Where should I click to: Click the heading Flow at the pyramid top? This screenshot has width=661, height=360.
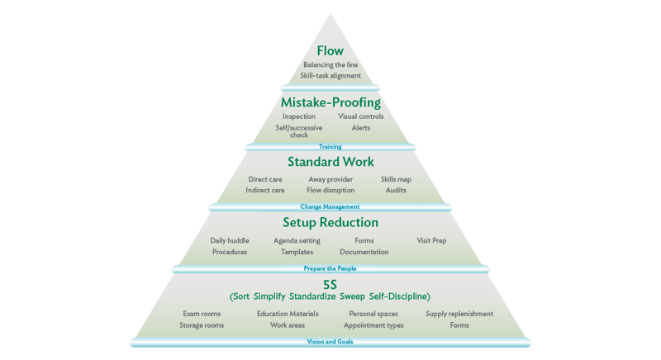pos(330,51)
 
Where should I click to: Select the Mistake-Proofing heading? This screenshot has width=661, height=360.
pos(330,102)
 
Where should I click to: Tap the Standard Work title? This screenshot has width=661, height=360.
pos(330,162)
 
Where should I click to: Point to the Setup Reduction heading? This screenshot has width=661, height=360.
pos(330,222)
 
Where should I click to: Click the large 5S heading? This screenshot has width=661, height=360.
pos(330,285)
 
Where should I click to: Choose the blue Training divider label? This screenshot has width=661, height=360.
pos(330,146)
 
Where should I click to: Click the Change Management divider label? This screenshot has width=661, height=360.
pos(330,206)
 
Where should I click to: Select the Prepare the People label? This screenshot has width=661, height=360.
pos(330,268)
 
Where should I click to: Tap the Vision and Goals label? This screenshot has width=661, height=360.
pos(330,342)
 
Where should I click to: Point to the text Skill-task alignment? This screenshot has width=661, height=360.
pos(330,76)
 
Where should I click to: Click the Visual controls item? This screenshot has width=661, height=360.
pos(361,116)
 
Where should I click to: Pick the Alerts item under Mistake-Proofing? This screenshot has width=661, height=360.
pos(361,128)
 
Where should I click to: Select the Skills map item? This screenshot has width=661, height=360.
pos(396,179)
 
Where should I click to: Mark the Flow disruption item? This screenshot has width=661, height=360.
pos(330,190)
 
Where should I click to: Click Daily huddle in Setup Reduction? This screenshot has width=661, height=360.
pos(230,241)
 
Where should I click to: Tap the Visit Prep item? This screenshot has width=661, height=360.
pos(431,241)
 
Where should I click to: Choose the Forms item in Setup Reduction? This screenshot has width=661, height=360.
pos(364,241)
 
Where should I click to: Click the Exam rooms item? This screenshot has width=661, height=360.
pos(202,314)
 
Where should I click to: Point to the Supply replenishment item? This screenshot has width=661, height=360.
pos(459,314)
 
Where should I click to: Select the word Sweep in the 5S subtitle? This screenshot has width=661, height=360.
pos(353,296)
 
